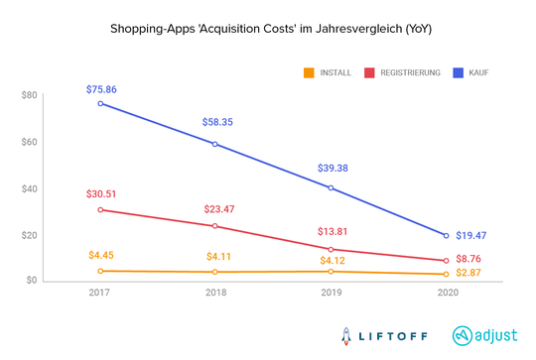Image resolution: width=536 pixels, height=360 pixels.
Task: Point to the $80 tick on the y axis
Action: tap(28, 95)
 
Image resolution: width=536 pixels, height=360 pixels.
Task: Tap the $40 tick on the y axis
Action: tap(28, 188)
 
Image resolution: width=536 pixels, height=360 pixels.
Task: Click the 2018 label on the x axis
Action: tap(216, 295)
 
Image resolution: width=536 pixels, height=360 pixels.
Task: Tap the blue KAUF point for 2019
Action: tap(331, 187)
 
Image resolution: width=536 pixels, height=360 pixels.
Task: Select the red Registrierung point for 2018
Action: tap(216, 225)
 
